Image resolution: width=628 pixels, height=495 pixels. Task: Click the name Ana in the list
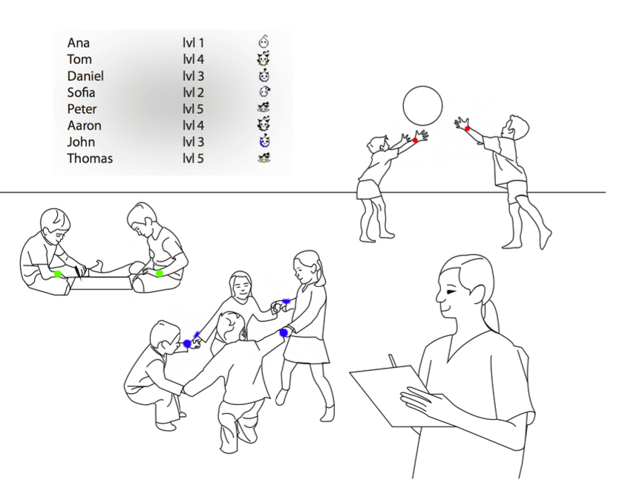pyautogui.click(x=79, y=43)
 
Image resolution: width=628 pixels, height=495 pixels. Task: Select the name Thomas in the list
pyautogui.click(x=90, y=158)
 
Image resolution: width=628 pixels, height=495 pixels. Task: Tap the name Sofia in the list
pyautogui.click(x=82, y=93)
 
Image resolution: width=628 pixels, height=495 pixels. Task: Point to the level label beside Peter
pyautogui.click(x=194, y=109)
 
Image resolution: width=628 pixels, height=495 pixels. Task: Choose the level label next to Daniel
pyautogui.click(x=194, y=77)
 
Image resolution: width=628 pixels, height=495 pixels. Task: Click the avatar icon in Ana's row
pyautogui.click(x=264, y=42)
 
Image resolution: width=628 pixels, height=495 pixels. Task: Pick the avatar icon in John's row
pyautogui.click(x=264, y=141)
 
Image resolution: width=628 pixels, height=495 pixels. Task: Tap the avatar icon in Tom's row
pyautogui.click(x=263, y=59)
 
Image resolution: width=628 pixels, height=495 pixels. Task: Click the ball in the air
pyautogui.click(x=422, y=106)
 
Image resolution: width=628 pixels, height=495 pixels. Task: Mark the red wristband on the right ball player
pyautogui.click(x=467, y=129)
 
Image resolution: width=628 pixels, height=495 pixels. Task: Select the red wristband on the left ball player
pyautogui.click(x=416, y=140)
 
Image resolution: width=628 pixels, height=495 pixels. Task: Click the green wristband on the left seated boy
pyautogui.click(x=58, y=274)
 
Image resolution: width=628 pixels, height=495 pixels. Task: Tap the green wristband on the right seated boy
pyautogui.click(x=160, y=274)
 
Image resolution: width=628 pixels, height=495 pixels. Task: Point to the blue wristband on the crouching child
pyautogui.click(x=187, y=344)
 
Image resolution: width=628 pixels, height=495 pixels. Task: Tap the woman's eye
pyautogui.click(x=452, y=291)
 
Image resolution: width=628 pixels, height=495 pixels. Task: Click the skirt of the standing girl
pyautogui.click(x=307, y=349)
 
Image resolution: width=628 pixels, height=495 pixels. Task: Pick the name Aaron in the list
pyautogui.click(x=84, y=126)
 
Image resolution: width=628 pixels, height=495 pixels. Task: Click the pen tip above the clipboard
pyautogui.click(x=390, y=355)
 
